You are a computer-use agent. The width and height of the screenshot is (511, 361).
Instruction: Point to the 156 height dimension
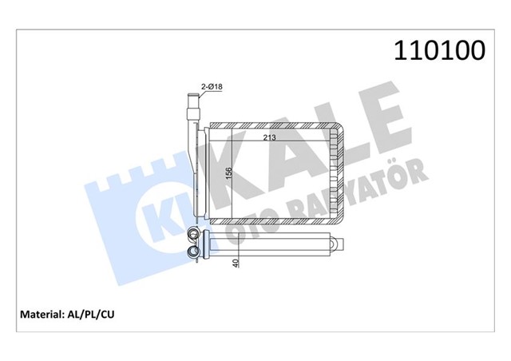tap(229, 174)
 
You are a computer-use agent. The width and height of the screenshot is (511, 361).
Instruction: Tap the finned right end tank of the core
tap(339, 174)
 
